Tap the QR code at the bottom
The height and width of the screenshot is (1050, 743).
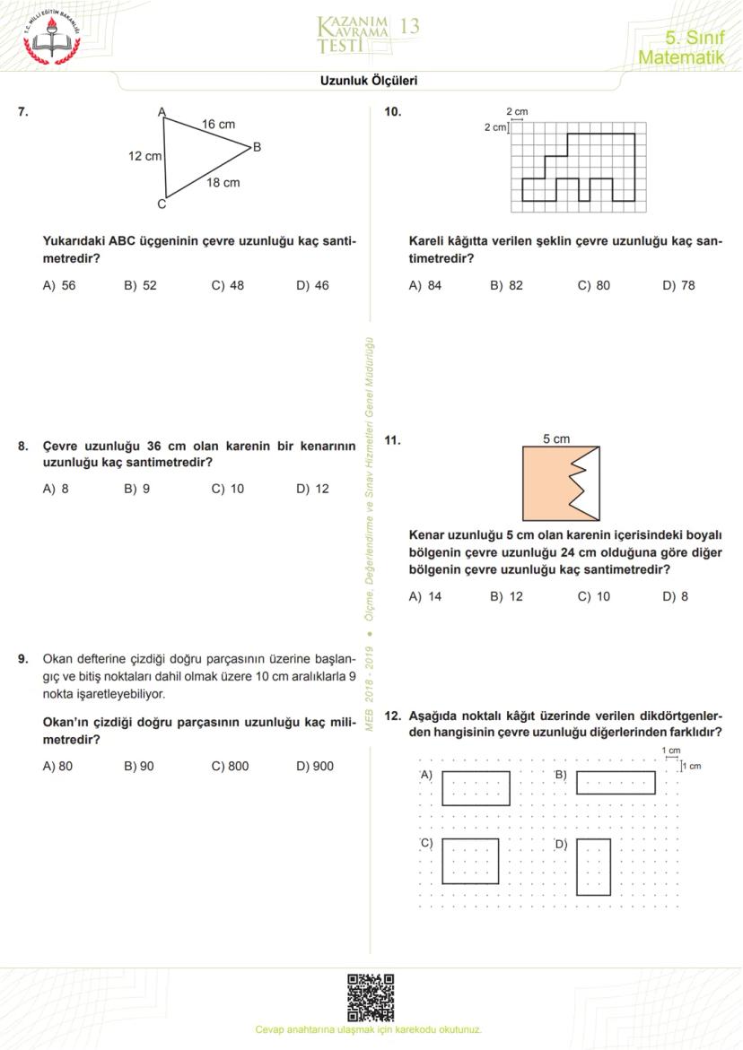pos(371,997)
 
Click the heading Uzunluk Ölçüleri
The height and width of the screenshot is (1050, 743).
pos(369,81)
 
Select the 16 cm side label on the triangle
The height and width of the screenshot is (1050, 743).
pos(218,125)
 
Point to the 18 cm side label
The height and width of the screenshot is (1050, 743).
pos(223,183)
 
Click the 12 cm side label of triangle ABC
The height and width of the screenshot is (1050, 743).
pos(144,156)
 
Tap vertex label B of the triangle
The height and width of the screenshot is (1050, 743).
pos(257,147)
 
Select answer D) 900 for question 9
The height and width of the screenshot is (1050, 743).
pos(314,767)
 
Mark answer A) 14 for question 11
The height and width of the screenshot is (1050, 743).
pos(424,596)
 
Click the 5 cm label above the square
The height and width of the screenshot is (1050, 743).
pos(556,438)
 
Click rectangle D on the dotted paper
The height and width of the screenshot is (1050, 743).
pos(593,866)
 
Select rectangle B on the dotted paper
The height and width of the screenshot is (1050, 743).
pos(615,782)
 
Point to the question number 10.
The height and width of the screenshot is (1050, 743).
pos(392,112)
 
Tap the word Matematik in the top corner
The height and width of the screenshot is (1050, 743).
pos(680,57)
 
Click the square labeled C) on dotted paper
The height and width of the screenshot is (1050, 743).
pos(470,861)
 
